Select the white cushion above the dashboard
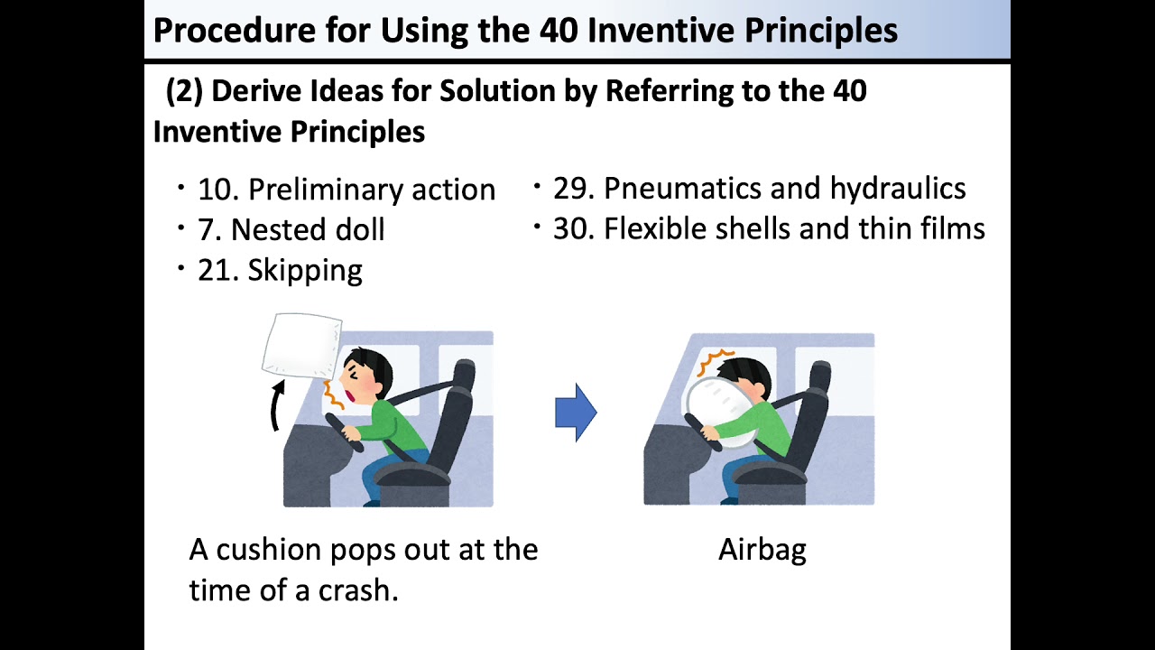tap(301, 344)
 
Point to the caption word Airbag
tap(762, 550)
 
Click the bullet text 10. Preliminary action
tap(346, 190)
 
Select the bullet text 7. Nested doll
tap(291, 229)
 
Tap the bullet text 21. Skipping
tap(280, 269)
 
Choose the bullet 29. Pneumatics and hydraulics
tap(759, 188)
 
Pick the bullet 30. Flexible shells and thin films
tap(769, 228)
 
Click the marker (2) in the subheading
tap(183, 91)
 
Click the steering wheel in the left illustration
tap(343, 432)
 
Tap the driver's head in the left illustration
tap(370, 375)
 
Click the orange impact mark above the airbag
tap(716, 362)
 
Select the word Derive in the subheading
tap(257, 91)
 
